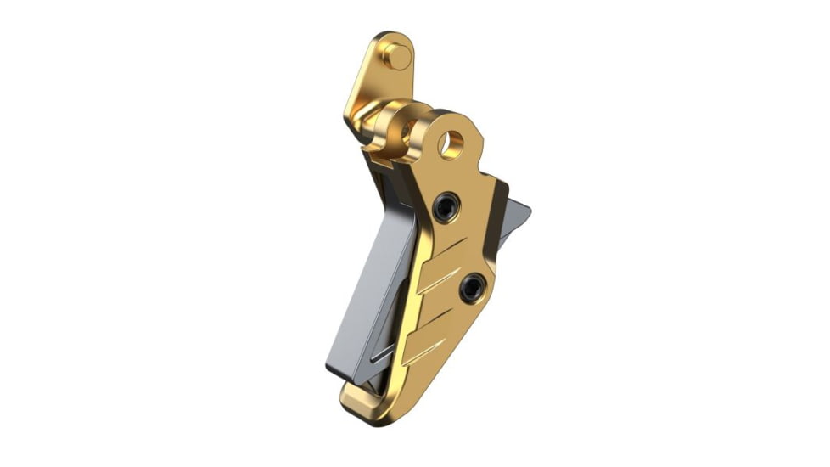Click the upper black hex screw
[x=445, y=206]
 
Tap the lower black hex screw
[x=472, y=289]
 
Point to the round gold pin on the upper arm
[x=395, y=56]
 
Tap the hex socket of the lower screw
[x=472, y=289]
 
